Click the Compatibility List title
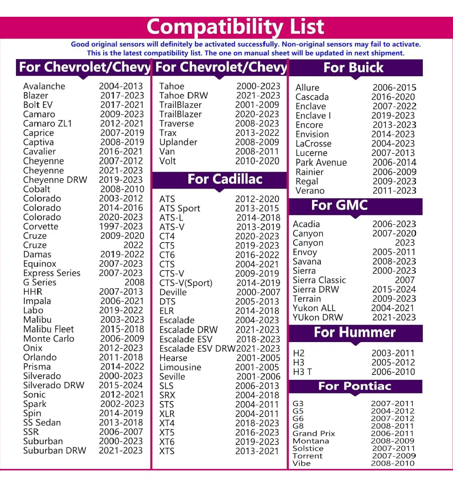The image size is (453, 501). (235, 27)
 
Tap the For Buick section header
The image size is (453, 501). (353, 67)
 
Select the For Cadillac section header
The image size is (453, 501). (225, 179)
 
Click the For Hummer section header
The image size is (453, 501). (354, 332)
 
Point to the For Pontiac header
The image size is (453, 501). (354, 386)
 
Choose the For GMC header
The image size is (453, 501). (339, 205)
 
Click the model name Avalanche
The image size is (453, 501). (44, 86)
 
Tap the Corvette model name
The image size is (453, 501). (41, 226)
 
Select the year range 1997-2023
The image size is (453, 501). (121, 226)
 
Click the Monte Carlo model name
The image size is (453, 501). (49, 339)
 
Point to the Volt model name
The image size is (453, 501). (167, 161)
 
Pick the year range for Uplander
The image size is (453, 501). (257, 142)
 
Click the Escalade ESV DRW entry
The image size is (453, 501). (197, 349)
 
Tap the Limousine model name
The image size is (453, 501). (180, 367)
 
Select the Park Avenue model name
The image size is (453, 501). (321, 163)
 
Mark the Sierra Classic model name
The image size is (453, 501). (319, 280)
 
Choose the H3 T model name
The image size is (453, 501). (302, 372)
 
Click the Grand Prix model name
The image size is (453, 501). (313, 434)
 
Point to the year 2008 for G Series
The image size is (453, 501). (134, 283)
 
